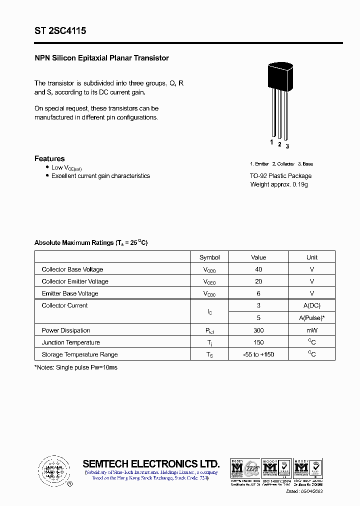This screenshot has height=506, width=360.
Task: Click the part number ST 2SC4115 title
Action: (60, 31)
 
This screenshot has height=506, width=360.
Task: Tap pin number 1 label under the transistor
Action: (272, 142)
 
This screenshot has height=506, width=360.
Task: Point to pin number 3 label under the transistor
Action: (287, 146)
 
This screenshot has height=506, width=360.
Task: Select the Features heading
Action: (49, 158)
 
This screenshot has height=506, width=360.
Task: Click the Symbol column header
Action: (209, 257)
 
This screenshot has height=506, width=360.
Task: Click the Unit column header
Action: (311, 257)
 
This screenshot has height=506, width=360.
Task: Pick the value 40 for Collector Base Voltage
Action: (258, 269)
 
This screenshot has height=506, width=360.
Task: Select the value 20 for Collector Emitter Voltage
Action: (258, 281)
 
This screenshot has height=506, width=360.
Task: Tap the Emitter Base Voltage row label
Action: (70, 293)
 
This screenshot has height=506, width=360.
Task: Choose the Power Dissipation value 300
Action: (258, 330)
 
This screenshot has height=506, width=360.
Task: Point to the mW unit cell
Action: (312, 330)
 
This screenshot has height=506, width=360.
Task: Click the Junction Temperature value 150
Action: (258, 342)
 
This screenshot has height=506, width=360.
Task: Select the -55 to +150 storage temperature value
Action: (258, 354)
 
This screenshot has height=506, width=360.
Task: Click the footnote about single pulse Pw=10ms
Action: (76, 367)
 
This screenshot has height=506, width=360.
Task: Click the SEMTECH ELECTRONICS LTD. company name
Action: (151, 463)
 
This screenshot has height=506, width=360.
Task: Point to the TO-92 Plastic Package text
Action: (280, 176)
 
